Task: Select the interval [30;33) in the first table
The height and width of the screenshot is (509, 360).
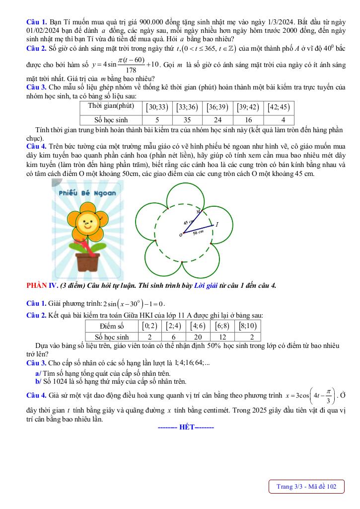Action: pyautogui.click(x=157, y=107)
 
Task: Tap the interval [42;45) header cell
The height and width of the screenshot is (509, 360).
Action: pyautogui.click(x=279, y=107)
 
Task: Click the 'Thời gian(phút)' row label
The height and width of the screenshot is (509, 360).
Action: pyautogui.click(x=111, y=106)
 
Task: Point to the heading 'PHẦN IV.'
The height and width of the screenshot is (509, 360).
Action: pyautogui.click(x=42, y=285)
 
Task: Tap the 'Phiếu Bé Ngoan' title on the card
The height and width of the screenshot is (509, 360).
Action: pyautogui.click(x=87, y=193)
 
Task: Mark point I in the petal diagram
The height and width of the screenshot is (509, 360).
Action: pyautogui.click(x=217, y=225)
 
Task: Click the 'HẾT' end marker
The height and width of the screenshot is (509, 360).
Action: pyautogui.click(x=186, y=427)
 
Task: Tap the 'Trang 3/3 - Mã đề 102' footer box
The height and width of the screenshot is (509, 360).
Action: pyautogui.click(x=306, y=487)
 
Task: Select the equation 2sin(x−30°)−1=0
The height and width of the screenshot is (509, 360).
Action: pyautogui.click(x=132, y=304)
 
